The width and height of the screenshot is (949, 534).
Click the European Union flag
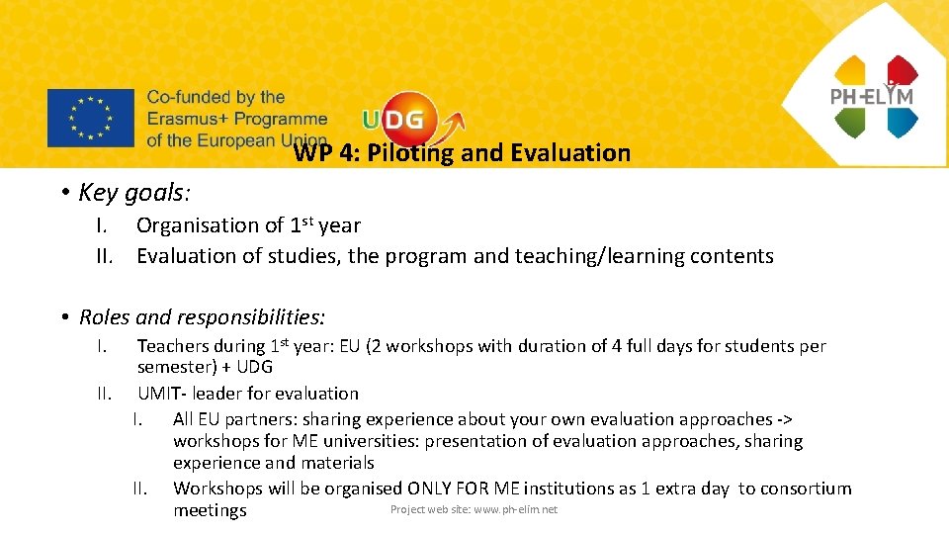(x=90, y=118)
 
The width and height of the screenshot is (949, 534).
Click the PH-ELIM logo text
(x=872, y=96)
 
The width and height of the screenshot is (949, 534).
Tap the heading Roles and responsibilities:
(x=202, y=317)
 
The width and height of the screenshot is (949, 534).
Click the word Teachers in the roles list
(x=173, y=346)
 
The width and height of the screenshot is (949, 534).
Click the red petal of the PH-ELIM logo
(x=902, y=70)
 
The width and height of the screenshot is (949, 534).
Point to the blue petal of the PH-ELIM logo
(x=902, y=122)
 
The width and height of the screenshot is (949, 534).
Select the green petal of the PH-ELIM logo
(x=849, y=122)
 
